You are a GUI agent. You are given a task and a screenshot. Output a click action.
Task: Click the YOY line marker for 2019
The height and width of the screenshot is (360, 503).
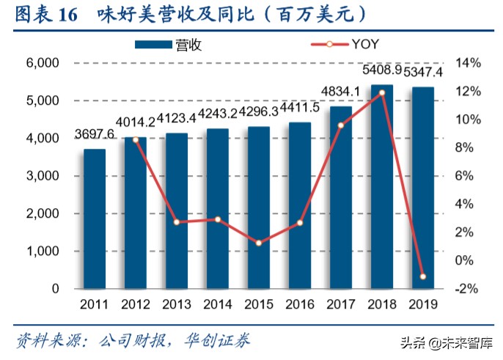[422, 276]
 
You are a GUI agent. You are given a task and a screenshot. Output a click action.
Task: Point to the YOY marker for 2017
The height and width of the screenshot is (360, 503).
[340, 125]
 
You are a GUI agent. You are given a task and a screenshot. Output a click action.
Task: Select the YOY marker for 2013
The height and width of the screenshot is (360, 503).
[177, 221]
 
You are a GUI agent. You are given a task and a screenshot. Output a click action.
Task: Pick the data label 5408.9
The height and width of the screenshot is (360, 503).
[381, 71]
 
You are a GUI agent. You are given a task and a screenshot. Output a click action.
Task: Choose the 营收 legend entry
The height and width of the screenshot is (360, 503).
[169, 44]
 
